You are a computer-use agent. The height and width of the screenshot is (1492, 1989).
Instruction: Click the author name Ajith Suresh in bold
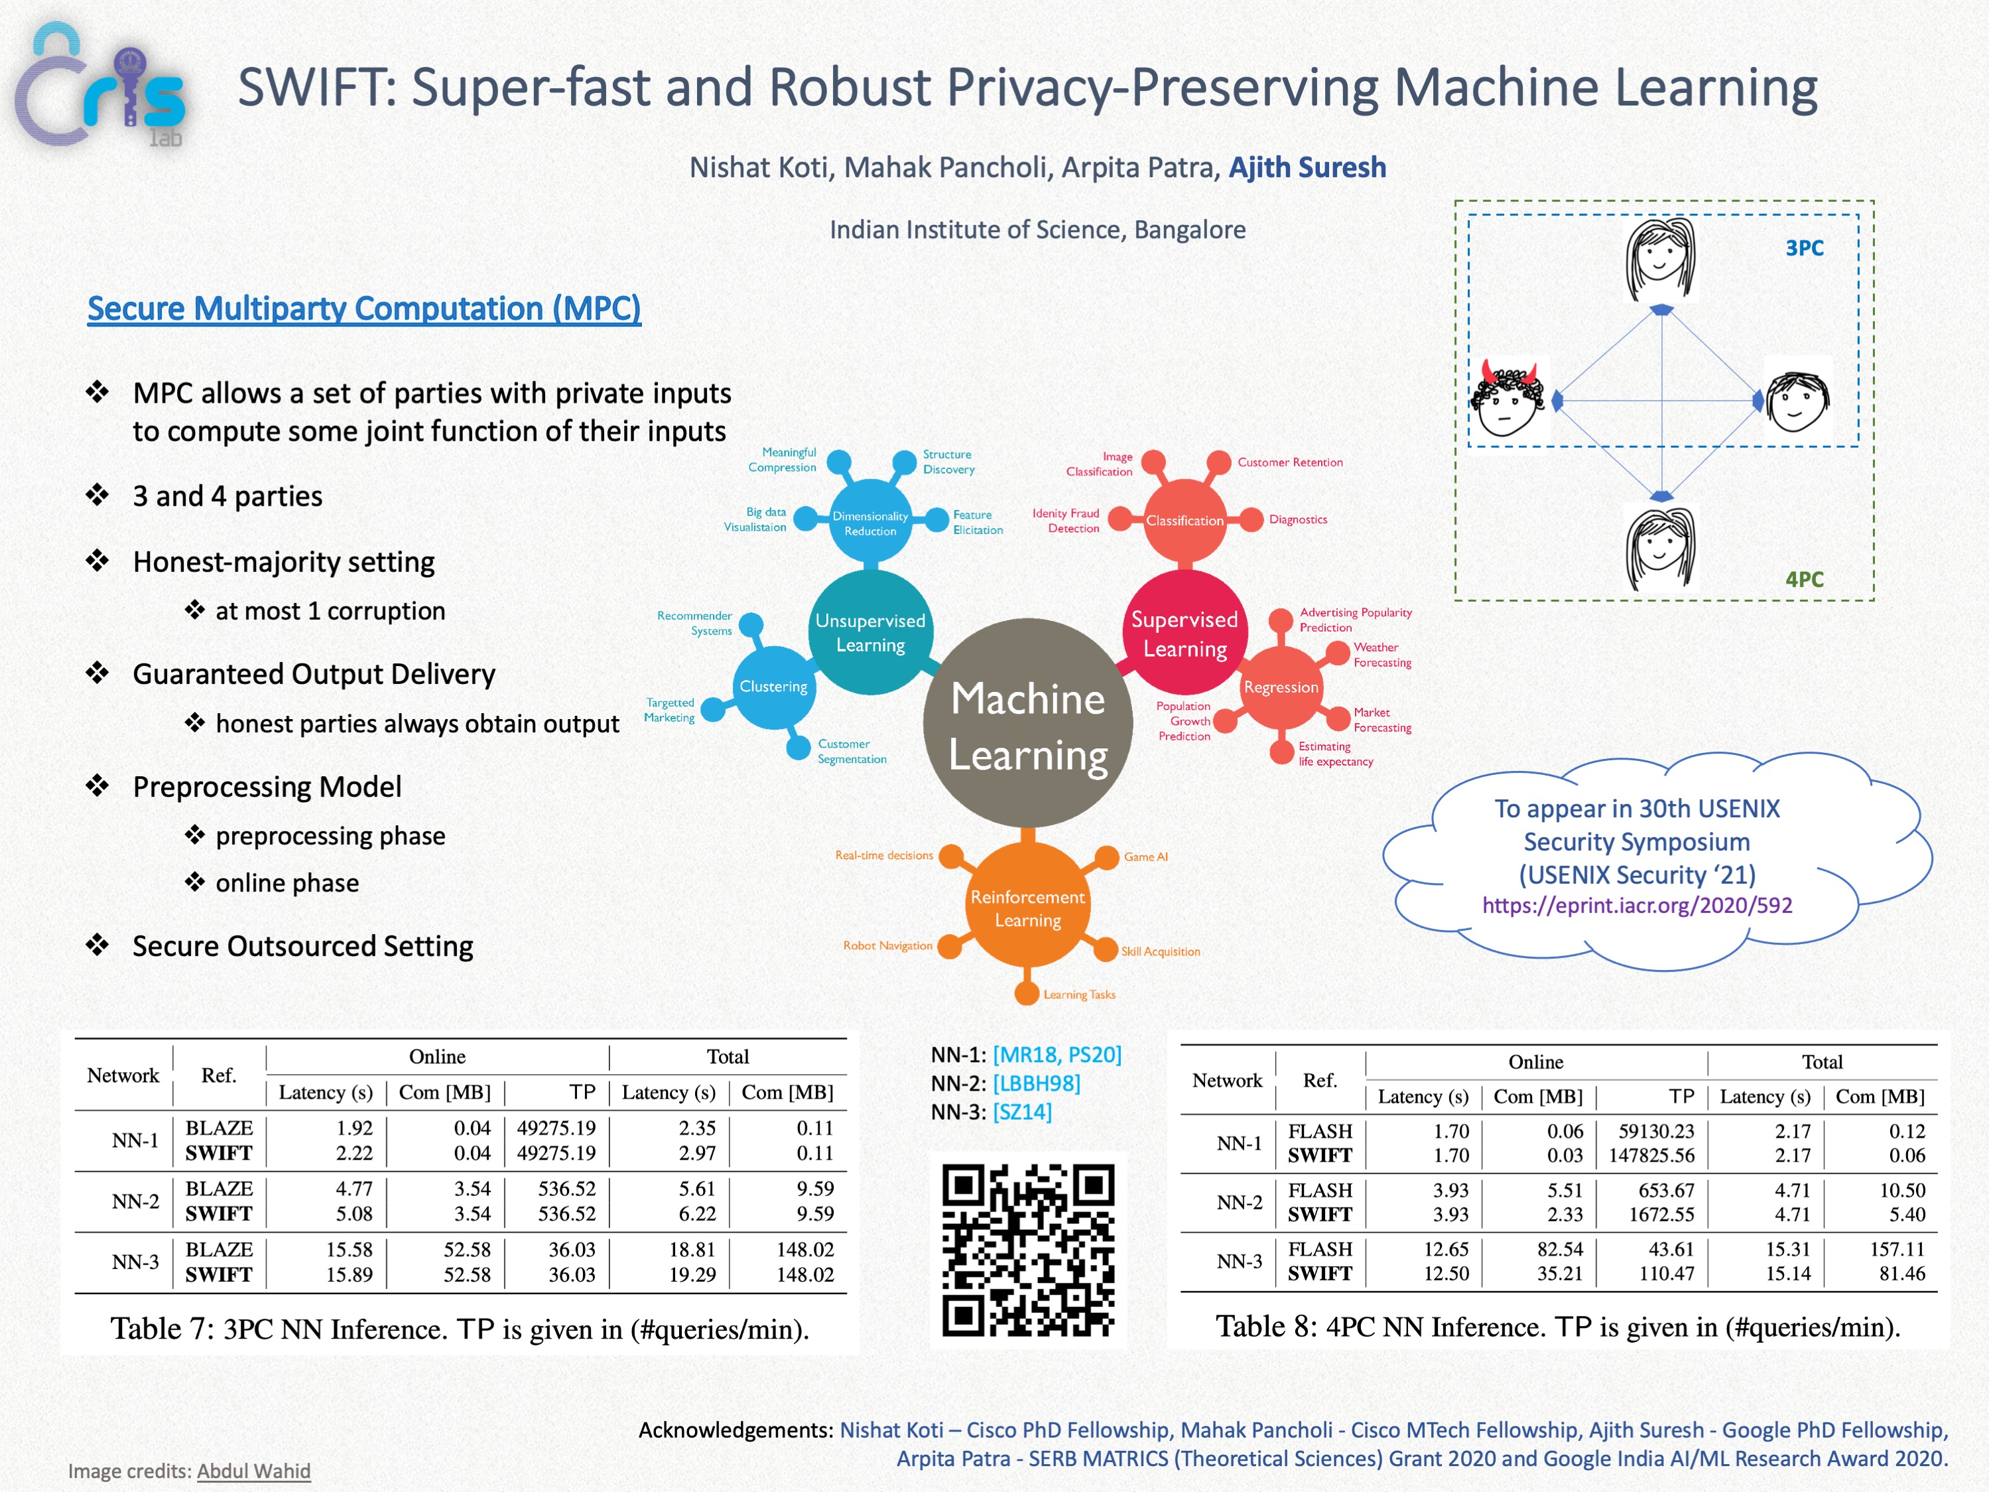pyautogui.click(x=1307, y=169)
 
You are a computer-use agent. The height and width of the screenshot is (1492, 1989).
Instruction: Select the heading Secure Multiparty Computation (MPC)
pyautogui.click(x=363, y=308)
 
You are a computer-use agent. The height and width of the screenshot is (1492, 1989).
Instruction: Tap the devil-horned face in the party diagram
pyautogui.click(x=1508, y=399)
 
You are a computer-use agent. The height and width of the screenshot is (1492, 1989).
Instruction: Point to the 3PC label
pyautogui.click(x=1804, y=248)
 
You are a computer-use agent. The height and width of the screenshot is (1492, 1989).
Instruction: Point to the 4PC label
pyautogui.click(x=1804, y=579)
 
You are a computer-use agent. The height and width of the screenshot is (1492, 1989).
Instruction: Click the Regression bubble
pyautogui.click(x=1281, y=688)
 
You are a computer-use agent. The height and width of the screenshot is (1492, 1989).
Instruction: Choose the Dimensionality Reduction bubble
pyautogui.click(x=869, y=523)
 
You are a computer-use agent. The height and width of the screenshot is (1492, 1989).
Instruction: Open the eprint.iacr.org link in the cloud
pyautogui.click(x=1637, y=906)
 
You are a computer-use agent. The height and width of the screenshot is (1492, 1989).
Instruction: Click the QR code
pyautogui.click(x=1028, y=1250)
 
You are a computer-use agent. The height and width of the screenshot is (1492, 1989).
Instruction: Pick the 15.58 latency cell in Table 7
pyautogui.click(x=349, y=1250)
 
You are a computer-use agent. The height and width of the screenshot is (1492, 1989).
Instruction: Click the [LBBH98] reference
pyautogui.click(x=1036, y=1084)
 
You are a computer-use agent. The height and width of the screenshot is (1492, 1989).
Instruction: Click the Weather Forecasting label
pyautogui.click(x=1382, y=655)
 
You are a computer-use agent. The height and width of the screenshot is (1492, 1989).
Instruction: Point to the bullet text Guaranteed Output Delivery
pyautogui.click(x=314, y=675)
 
